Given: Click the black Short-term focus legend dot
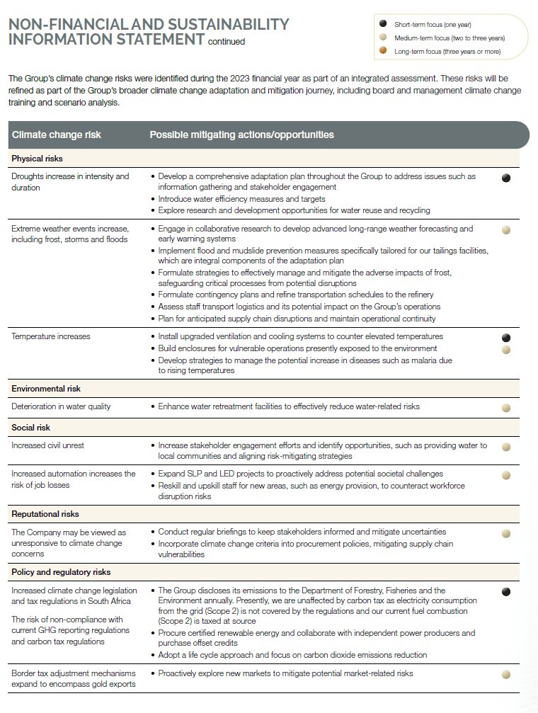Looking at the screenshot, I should [x=383, y=25].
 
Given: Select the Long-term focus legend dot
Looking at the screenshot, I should [x=383, y=51].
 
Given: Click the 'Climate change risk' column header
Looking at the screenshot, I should [x=57, y=135].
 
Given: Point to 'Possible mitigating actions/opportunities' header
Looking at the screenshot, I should [x=241, y=135].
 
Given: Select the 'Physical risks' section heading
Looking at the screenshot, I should [x=38, y=159].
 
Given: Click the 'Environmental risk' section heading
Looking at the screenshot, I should [x=46, y=389].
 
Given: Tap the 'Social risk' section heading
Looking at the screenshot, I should [x=31, y=428].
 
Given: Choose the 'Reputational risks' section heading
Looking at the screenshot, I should [x=45, y=514].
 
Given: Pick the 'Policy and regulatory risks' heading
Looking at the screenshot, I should [x=61, y=572].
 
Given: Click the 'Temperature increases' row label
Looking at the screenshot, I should [x=51, y=336].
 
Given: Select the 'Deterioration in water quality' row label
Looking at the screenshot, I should [x=61, y=406].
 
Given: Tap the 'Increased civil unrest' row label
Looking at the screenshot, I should [x=48, y=445].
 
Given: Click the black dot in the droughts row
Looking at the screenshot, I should [x=506, y=178].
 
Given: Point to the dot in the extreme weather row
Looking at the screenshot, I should [x=506, y=230].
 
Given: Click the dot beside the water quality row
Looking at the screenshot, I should [x=506, y=408].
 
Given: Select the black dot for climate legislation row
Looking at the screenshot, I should [x=506, y=591].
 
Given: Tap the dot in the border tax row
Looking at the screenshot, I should [x=506, y=675].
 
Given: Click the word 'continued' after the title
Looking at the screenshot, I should [x=227, y=42].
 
